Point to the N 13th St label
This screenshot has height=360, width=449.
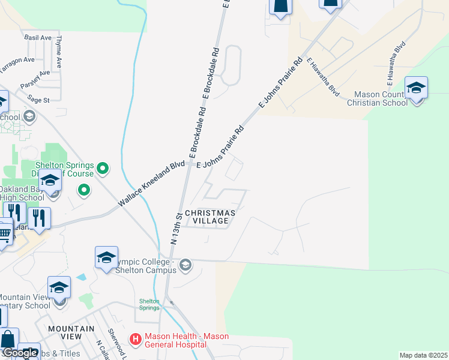[175, 229]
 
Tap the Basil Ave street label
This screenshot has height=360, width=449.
[38, 38]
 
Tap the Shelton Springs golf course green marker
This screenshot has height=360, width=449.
[103, 169]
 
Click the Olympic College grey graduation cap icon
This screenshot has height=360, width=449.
[185, 265]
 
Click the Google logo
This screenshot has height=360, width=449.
[19, 353]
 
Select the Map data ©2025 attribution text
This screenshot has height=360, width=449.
[423, 355]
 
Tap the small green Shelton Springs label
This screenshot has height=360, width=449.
[149, 304]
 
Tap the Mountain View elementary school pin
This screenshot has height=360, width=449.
[59, 289]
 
